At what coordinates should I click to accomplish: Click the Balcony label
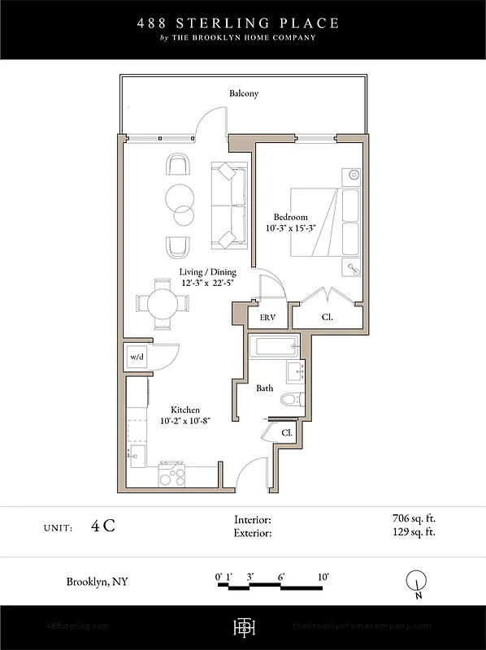tap(243, 93)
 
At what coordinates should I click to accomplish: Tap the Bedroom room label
tap(290, 217)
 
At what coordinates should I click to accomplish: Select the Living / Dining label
tap(208, 272)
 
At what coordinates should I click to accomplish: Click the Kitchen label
tap(184, 410)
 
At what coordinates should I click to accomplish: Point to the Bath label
tap(265, 388)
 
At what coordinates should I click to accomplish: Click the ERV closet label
tap(267, 318)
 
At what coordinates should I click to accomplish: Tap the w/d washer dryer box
tap(136, 357)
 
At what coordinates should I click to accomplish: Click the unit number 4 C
tap(103, 526)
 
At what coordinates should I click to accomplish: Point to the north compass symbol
tap(416, 582)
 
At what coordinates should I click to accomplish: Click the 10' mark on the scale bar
tap(323, 577)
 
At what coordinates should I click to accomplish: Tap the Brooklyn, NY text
tap(97, 582)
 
